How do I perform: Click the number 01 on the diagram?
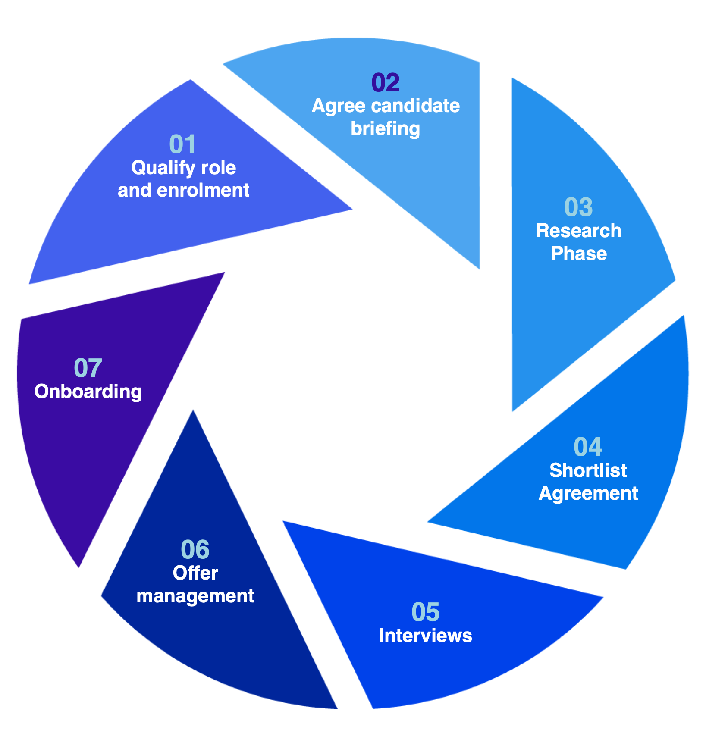[x=183, y=144]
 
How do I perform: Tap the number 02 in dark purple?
[x=386, y=82]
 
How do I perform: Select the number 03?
[x=579, y=207]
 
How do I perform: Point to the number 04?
[x=588, y=447]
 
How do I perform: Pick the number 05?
[x=426, y=612]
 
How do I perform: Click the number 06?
[x=195, y=550]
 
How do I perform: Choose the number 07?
[x=88, y=368]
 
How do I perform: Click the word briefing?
[x=386, y=129]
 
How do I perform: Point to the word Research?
[x=579, y=231]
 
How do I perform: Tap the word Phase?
[x=579, y=254]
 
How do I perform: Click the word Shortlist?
[x=588, y=470]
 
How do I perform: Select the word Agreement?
[x=588, y=494]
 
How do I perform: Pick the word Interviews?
[x=426, y=636]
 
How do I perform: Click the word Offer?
[x=195, y=573]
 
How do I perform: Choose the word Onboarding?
[x=88, y=392]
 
